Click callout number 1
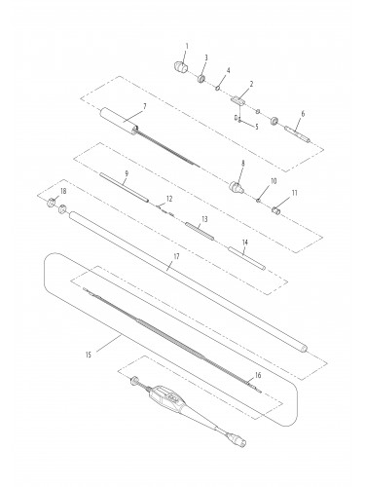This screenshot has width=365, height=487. tap(186, 47)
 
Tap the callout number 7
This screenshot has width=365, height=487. tap(144, 105)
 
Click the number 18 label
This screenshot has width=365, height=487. tap(64, 192)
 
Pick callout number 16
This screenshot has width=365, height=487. tap(258, 374)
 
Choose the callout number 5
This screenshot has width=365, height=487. tap(256, 126)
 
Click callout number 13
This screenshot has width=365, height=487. tap(203, 220)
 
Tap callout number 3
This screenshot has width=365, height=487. tap(203, 59)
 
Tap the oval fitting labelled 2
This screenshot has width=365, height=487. tap(237, 99)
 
